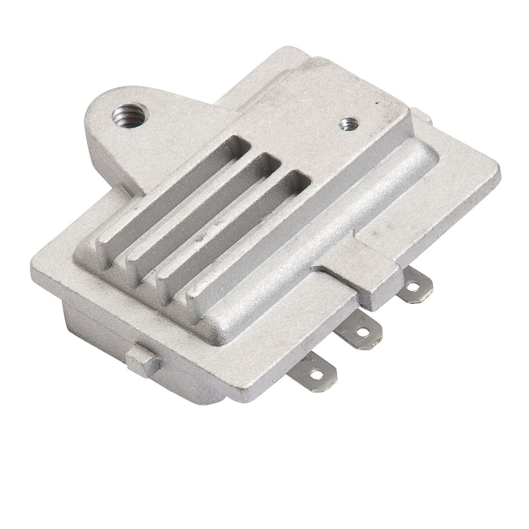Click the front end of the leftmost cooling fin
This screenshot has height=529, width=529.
(x=103, y=253)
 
